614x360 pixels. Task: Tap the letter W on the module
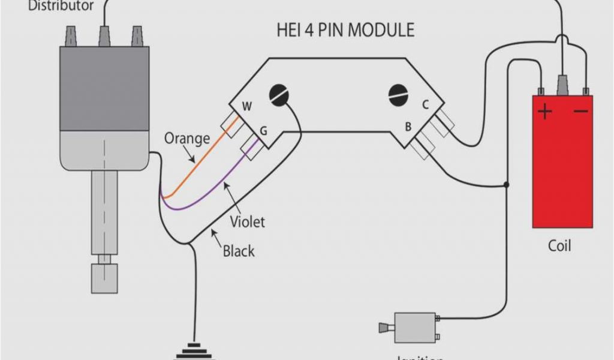click(246, 107)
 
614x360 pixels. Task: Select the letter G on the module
click(263, 130)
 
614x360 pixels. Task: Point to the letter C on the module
click(425, 104)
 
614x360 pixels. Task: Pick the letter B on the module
click(408, 127)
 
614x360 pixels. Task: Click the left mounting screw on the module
click(279, 95)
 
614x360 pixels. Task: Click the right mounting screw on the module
click(398, 95)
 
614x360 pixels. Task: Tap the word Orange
click(187, 139)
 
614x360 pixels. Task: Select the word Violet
click(247, 222)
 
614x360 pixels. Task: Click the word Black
click(239, 250)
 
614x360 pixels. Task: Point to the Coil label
click(559, 246)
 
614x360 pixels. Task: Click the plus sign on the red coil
click(544, 112)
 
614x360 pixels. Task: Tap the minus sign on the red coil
click(579, 112)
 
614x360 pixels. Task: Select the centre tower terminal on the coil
click(563, 85)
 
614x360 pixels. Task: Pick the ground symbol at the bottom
click(194, 350)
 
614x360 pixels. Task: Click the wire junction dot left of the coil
click(507, 184)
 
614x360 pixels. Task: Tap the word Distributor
click(61, 6)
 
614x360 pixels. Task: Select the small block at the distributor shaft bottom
click(104, 278)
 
